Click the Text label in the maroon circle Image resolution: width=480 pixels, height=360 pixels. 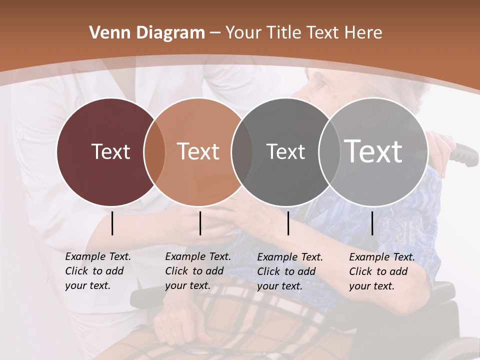[110, 151]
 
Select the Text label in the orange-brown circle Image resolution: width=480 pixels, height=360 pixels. [198, 151]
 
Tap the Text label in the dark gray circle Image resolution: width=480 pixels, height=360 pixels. [285, 151]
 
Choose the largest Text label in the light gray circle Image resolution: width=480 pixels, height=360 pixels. [373, 151]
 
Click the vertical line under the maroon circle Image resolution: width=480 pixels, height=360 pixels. [112, 223]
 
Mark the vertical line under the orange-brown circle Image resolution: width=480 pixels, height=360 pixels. [200, 223]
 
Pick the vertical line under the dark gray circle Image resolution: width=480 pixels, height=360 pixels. [288, 223]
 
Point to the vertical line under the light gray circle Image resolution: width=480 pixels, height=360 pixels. [372, 223]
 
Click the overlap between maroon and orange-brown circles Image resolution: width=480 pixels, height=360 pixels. [154, 152]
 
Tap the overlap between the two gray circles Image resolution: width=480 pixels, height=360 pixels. [328, 152]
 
